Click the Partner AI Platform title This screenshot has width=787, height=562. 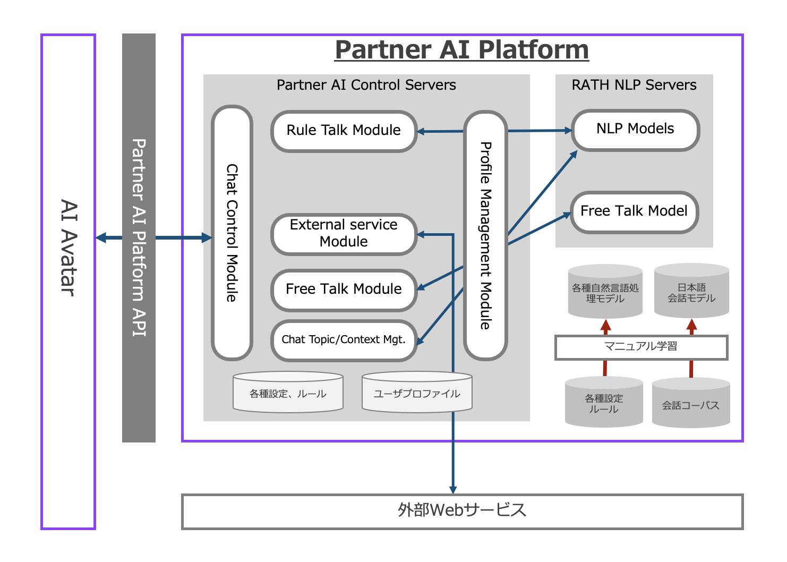[461, 50]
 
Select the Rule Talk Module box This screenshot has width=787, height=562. [344, 131]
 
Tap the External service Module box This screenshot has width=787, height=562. [344, 234]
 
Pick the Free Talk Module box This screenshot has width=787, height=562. [344, 289]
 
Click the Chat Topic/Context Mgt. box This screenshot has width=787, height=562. [344, 340]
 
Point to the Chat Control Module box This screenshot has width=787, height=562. [232, 233]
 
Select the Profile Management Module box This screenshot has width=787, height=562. [485, 235]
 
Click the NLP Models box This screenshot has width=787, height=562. [635, 129]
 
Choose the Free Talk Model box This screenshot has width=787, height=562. [634, 211]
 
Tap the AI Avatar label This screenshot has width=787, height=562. [69, 248]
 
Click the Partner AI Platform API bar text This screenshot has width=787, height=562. [139, 237]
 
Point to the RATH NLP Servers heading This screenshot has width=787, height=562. [634, 85]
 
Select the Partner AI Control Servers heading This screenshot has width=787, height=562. [366, 85]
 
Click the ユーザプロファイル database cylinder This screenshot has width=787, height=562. [417, 394]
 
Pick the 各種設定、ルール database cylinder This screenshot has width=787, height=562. [288, 394]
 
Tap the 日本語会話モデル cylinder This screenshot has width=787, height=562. [691, 293]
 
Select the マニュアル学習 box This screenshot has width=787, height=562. [641, 347]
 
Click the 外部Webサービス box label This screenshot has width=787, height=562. [462, 510]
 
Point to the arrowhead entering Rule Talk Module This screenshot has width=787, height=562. [421, 131]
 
